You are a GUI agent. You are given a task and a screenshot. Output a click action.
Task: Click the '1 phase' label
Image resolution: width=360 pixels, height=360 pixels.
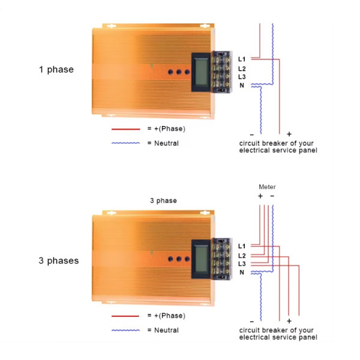click(56, 70)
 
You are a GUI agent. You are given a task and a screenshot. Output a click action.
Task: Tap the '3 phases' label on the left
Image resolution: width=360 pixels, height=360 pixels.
click(59, 260)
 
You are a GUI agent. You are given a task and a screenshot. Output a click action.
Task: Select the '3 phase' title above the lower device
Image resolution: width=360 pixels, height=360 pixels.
click(163, 200)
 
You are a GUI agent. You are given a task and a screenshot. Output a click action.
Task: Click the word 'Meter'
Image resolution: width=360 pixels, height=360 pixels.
click(267, 187)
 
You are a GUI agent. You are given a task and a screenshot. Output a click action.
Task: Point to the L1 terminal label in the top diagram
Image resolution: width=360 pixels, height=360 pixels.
click(242, 59)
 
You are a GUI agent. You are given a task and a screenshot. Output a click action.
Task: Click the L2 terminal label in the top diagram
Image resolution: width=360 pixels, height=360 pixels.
click(242, 68)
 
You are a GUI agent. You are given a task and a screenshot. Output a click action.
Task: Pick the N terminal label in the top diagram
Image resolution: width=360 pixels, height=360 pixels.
click(242, 85)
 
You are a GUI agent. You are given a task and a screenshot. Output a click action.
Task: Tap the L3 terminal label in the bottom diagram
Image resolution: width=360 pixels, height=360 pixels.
click(242, 264)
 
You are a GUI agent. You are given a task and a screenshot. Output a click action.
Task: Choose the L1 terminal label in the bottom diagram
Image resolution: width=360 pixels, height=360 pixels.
click(242, 247)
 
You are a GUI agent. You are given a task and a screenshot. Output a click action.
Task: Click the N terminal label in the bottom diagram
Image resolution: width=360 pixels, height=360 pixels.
click(242, 272)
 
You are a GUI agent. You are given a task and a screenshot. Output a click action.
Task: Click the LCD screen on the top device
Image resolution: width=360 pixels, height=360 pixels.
click(202, 72)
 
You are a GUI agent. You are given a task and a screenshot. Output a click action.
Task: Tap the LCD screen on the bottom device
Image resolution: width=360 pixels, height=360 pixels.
click(202, 259)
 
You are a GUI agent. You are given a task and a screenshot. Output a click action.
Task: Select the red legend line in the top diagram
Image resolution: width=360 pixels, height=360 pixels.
click(126, 129)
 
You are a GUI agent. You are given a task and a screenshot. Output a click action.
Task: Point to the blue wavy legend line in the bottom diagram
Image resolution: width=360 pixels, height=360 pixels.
click(125, 331)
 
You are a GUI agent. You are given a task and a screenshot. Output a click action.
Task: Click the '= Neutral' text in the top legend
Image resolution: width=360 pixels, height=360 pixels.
click(163, 143)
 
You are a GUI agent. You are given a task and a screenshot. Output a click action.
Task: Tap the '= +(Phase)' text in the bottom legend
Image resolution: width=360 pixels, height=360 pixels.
click(166, 316)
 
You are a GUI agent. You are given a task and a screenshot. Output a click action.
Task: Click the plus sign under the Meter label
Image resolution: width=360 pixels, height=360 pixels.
click(260, 196)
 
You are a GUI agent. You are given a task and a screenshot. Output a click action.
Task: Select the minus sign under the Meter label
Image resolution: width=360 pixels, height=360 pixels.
click(272, 196)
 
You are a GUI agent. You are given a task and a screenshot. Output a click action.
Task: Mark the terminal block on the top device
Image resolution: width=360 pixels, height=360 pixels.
click(222, 72)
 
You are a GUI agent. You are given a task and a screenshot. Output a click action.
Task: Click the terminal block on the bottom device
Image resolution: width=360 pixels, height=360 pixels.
click(222, 259)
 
